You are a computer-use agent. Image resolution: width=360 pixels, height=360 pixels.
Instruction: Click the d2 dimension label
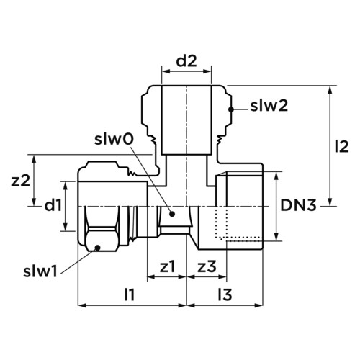pos(186,61)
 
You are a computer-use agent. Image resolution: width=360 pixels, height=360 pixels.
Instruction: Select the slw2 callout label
pos(269,106)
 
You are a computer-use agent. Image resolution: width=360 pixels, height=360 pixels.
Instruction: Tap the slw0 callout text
pos(114,140)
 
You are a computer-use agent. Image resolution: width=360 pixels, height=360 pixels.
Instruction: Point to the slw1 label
pos(40,271)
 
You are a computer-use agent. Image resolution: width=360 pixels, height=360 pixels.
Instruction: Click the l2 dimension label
pos(342,147)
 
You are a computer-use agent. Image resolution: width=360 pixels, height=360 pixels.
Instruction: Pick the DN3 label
pos(299,205)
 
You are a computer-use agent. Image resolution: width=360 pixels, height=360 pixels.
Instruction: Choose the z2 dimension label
pos(21,181)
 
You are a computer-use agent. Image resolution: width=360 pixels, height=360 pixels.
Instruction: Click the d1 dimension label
pos(53,205)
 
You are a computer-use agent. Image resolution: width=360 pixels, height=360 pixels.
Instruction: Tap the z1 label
pos(168,266)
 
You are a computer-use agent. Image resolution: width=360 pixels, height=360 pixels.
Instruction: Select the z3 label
pos(207,266)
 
